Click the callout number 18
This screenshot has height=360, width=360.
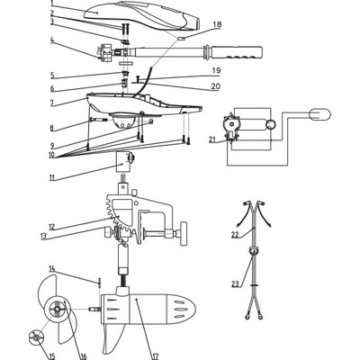tap(217, 24)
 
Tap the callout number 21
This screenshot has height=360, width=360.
tap(212, 139)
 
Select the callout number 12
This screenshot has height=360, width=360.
tap(52, 227)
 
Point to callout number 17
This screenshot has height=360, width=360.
tap(155, 355)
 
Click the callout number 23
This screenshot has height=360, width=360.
tap(236, 283)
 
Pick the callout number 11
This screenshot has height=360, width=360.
tap(53, 177)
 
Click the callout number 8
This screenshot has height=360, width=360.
tap(52, 128)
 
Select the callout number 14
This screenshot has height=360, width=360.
tap(52, 269)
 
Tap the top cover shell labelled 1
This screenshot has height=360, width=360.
tap(141, 15)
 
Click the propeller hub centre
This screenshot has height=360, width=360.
tap(57, 309)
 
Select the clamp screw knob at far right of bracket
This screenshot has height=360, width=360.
tap(184, 234)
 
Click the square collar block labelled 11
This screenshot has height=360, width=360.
tap(123, 162)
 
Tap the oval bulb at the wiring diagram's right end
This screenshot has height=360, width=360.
tap(319, 114)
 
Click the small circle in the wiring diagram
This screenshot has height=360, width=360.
tap(270, 124)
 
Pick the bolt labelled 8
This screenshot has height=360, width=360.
tap(98, 120)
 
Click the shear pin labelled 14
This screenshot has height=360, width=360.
tap(99, 282)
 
